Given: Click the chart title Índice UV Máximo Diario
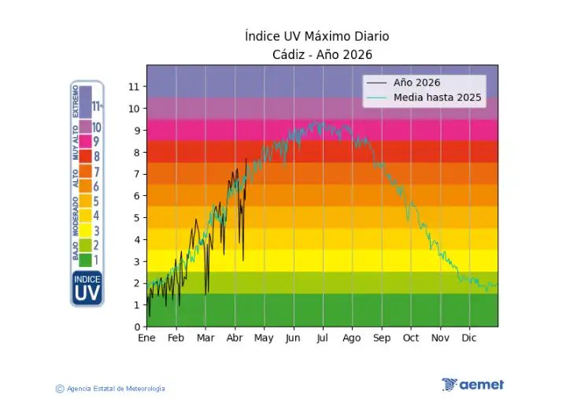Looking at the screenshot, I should tap(316, 37).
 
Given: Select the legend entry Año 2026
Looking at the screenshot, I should tap(416, 83).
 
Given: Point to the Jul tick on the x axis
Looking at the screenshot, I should tap(323, 338).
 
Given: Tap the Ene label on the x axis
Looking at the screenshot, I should tap(147, 338).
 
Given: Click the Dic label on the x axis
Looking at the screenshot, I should tap(469, 338).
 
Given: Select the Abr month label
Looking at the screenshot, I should tap(235, 338).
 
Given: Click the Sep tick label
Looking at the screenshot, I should tap(382, 338).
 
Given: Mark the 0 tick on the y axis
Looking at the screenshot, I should tap(137, 327).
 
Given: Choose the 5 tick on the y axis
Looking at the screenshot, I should tap(137, 218).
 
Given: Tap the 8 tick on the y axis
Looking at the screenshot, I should tap(137, 153).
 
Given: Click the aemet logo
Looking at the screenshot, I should tap(472, 385).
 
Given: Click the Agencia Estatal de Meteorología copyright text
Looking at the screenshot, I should tap(111, 389).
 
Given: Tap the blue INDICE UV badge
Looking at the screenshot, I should tap(87, 289).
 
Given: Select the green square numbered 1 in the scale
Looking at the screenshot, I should tap(85, 260).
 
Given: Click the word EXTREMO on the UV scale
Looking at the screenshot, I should tap(76, 102).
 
